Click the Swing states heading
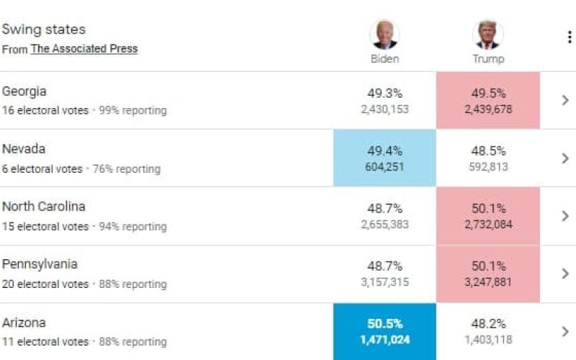pyautogui.click(x=44, y=30)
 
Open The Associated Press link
pyautogui.click(x=84, y=49)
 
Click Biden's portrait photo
pyautogui.click(x=384, y=34)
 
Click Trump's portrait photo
pyautogui.click(x=488, y=34)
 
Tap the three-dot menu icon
pyautogui.click(x=569, y=37)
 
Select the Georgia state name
pyautogui.click(x=24, y=91)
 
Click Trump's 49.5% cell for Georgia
pyautogui.click(x=488, y=100)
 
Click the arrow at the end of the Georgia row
pyautogui.click(x=565, y=100)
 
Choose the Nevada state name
pyautogui.click(x=24, y=149)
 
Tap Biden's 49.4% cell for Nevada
pyautogui.click(x=384, y=158)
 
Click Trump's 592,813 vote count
pyautogui.click(x=488, y=166)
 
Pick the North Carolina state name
pyautogui.click(x=44, y=207)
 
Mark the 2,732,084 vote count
pyautogui.click(x=488, y=225)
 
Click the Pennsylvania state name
pyautogui.click(x=40, y=264)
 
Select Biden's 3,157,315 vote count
pyautogui.click(x=385, y=282)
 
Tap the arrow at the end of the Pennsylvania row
pyautogui.click(x=565, y=274)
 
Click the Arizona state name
pyautogui.click(x=24, y=323)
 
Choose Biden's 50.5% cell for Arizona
pyautogui.click(x=384, y=331)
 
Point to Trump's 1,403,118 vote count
pyautogui.click(x=488, y=340)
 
